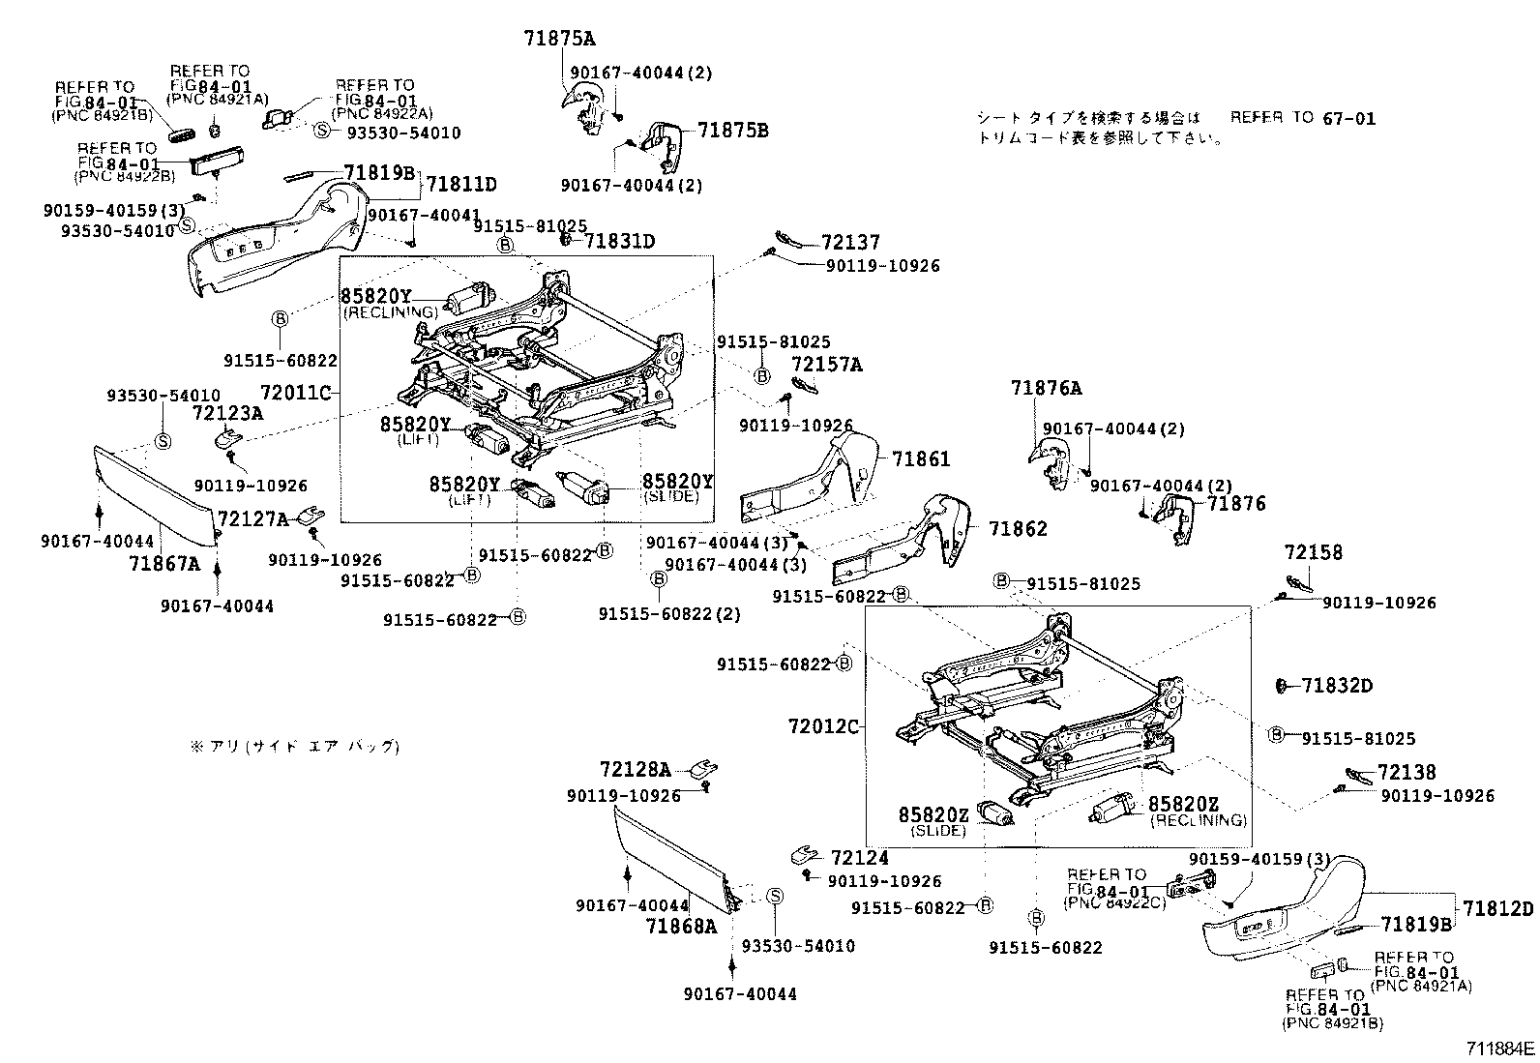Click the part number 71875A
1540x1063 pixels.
tap(559, 39)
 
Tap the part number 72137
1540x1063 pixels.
tap(850, 244)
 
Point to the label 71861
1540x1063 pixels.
tap(921, 459)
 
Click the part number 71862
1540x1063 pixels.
tap(1018, 529)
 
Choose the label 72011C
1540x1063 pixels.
tap(296, 394)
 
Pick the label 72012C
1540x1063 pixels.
tap(823, 725)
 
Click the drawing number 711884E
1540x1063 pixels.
tap(1499, 1048)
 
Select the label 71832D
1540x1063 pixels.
tap(1337, 686)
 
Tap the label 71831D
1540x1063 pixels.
tap(619, 242)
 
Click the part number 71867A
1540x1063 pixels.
tap(163, 564)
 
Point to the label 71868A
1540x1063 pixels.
tap(681, 926)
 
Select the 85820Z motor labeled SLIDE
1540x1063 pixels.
tap(996, 814)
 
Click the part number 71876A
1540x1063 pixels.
tap(1047, 389)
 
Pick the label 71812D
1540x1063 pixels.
tap(1497, 909)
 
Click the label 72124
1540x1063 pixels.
tap(859, 858)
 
